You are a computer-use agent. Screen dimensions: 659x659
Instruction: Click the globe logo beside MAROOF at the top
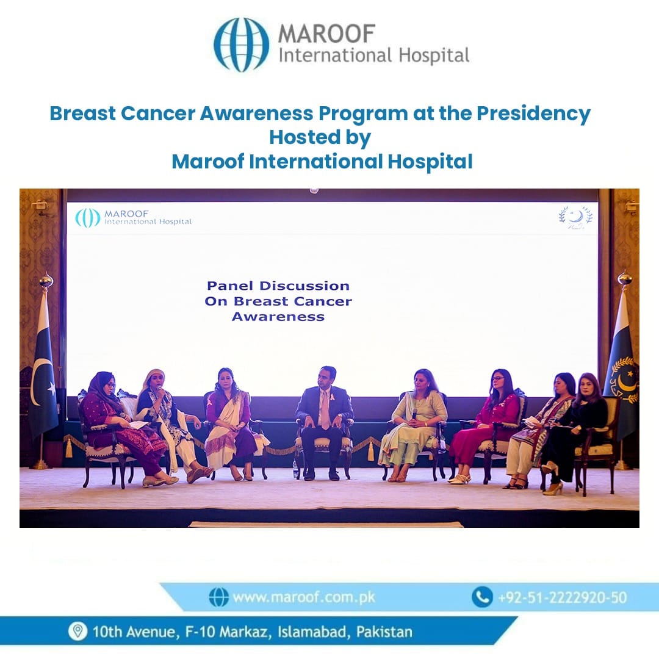[241, 45]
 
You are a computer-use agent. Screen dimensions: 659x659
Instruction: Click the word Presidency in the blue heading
[533, 114]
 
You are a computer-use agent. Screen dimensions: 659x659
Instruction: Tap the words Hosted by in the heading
[320, 138]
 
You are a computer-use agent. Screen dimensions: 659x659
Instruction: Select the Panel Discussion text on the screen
[278, 286]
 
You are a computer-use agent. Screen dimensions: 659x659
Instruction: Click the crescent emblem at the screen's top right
[575, 217]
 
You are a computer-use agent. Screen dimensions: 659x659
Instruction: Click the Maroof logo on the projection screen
[133, 218]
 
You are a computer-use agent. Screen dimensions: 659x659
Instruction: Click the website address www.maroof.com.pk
[303, 597]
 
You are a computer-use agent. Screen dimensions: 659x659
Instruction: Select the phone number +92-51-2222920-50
[563, 597]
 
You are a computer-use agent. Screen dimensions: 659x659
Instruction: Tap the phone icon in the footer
[482, 597]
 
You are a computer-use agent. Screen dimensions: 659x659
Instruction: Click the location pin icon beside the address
[77, 632]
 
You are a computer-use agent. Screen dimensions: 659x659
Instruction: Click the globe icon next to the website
[218, 597]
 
